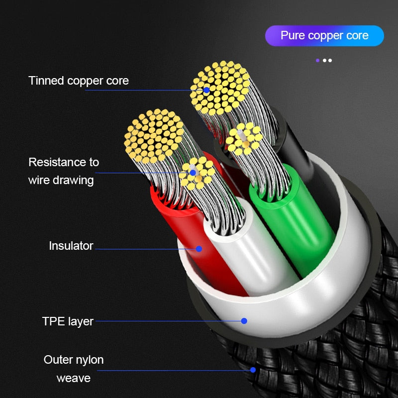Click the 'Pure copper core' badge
click(324, 36)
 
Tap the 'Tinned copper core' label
click(79, 81)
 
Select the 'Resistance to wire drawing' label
click(63, 171)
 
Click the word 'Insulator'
click(71, 246)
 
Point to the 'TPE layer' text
click(68, 321)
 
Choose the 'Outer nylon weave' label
click(74, 369)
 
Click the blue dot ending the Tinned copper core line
click(206, 90)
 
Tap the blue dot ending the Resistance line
click(193, 173)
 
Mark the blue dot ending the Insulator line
click(199, 248)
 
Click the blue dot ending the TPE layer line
click(244, 321)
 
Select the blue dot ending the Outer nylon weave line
click(253, 370)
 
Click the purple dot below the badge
click(317, 60)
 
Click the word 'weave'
click(74, 378)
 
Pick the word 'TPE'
click(53, 321)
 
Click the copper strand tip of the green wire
click(244, 138)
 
